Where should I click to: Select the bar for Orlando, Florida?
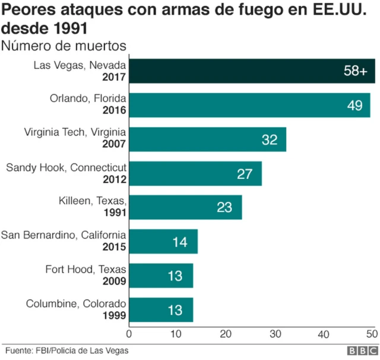tap(249, 105)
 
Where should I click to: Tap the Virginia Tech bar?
tap(208, 139)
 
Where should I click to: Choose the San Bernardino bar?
tap(163, 241)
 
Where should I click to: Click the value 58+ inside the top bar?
tap(356, 71)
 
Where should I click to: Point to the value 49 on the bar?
tap(355, 105)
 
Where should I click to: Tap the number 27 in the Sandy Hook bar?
tap(245, 173)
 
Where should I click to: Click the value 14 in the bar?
tap(180, 242)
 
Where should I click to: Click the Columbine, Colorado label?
tap(76, 304)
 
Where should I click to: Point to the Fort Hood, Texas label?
tap(86, 270)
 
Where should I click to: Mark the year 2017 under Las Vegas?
tap(115, 77)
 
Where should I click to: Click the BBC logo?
tap(359, 350)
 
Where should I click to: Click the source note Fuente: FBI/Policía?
tap(66, 350)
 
